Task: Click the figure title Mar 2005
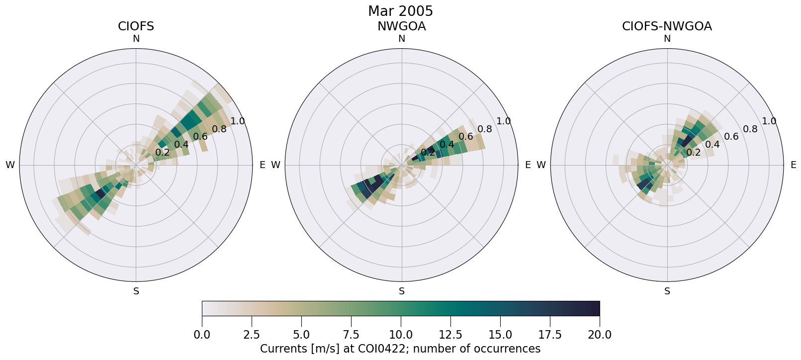[x=400, y=11]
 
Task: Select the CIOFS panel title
[x=136, y=26]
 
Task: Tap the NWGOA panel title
[x=401, y=26]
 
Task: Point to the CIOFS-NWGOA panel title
[x=667, y=26]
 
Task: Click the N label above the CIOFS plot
[x=136, y=39]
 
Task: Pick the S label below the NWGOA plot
[x=402, y=291]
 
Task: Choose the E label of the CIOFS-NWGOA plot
[x=793, y=165]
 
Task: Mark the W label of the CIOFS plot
[x=10, y=165]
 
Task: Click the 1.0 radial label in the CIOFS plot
[x=238, y=121]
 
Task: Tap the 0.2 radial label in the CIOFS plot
[x=162, y=152]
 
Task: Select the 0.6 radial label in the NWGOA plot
[x=465, y=136]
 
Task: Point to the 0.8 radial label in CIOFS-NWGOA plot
[x=750, y=129]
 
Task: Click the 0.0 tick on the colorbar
[x=202, y=335]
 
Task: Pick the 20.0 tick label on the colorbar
[x=599, y=335]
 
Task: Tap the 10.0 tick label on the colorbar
[x=401, y=335]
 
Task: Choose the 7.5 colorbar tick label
[x=351, y=335]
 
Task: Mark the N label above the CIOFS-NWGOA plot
[x=667, y=39]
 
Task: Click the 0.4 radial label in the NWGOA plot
[x=446, y=144]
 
